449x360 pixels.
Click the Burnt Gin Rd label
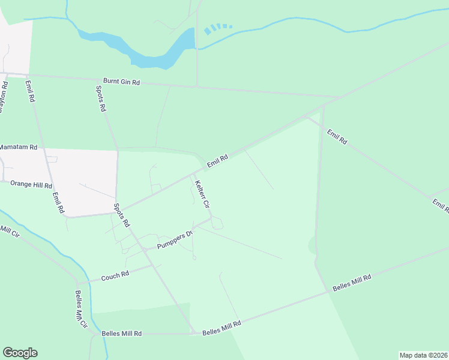(121, 82)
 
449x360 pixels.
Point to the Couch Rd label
(115, 276)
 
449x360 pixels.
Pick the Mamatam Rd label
(18, 147)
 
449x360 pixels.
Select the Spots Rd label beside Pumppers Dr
(122, 214)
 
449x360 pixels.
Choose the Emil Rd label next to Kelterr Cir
(217, 161)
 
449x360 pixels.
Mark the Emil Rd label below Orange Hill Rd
(58, 203)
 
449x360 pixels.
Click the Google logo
(20, 353)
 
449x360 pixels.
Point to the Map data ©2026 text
(423, 355)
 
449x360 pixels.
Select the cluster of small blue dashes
(217, 28)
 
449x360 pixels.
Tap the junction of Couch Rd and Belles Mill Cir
(77, 283)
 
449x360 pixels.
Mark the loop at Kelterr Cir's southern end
(217, 224)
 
